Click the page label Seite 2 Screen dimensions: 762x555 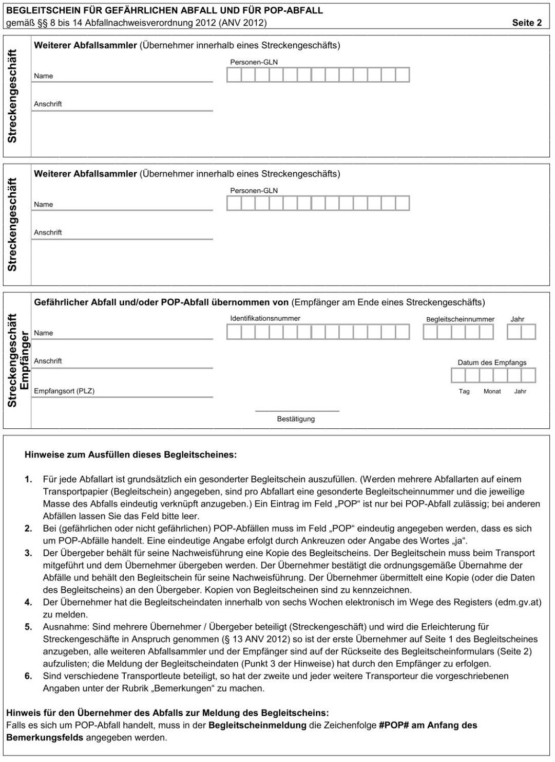[x=527, y=23]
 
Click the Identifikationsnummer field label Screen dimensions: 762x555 [x=265, y=318]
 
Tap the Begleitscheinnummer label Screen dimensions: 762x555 [x=460, y=319]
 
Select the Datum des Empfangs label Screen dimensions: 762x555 [x=492, y=362]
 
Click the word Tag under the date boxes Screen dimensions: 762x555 [x=464, y=391]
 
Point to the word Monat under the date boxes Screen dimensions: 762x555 [x=492, y=391]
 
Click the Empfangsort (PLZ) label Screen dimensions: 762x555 [x=64, y=391]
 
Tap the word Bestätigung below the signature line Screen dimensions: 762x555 [x=296, y=419]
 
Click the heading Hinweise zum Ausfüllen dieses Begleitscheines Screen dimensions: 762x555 [x=130, y=455]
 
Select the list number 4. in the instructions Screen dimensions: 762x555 [x=28, y=602]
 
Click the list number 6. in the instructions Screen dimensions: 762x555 [x=28, y=676]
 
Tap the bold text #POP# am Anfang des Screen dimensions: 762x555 [x=428, y=725]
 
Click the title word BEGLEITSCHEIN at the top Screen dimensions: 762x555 [x=39, y=10]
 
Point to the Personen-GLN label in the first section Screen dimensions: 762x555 [x=254, y=62]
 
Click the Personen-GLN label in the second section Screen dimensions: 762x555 [x=254, y=191]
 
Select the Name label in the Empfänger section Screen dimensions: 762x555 [x=44, y=333]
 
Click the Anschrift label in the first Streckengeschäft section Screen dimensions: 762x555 [x=48, y=104]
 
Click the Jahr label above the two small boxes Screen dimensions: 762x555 [x=518, y=319]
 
